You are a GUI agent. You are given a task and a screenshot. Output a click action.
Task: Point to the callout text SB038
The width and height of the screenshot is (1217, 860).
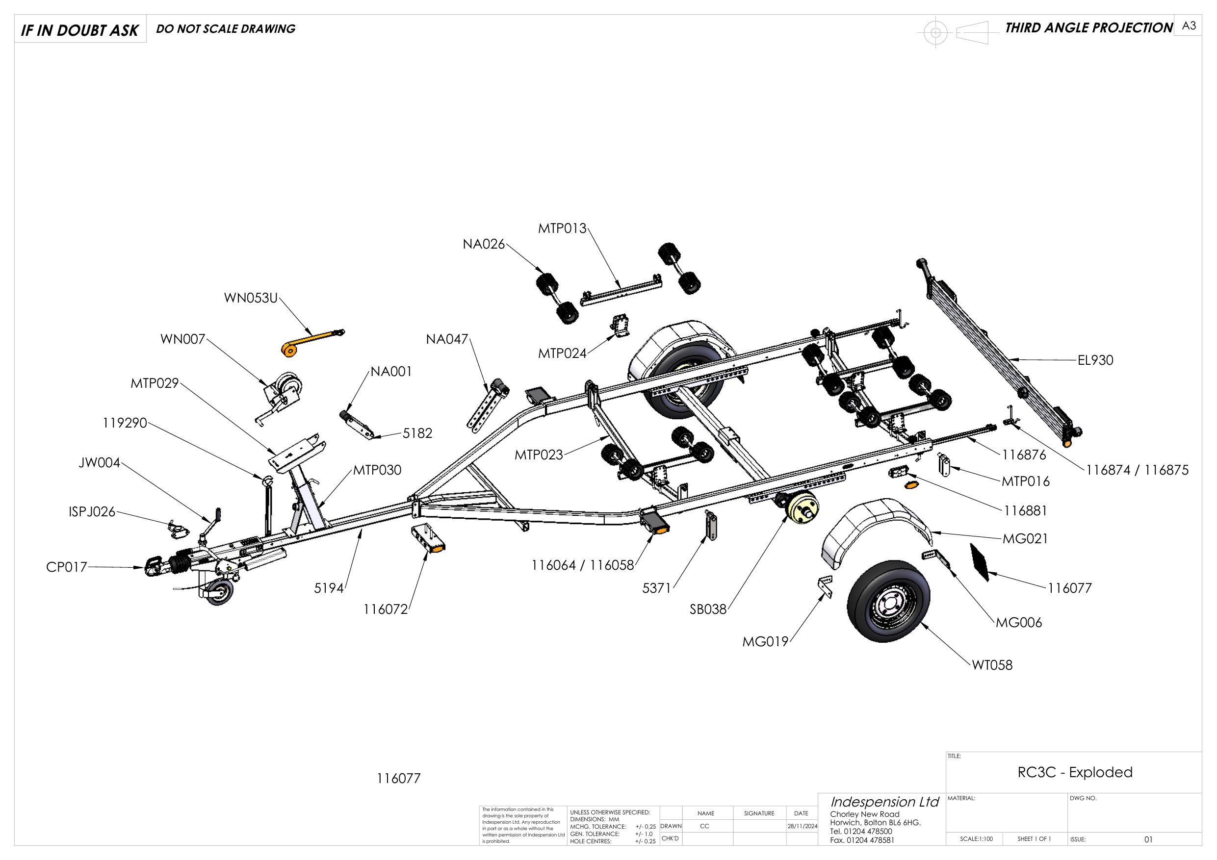[708, 609]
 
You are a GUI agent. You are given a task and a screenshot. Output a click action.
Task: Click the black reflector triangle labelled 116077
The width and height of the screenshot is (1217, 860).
[981, 562]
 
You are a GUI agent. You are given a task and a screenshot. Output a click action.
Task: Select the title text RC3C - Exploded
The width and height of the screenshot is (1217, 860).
[1074, 772]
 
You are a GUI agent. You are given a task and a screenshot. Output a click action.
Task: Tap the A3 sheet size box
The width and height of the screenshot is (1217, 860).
[1189, 26]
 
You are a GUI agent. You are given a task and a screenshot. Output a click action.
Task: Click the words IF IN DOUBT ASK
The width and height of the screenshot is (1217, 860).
[79, 31]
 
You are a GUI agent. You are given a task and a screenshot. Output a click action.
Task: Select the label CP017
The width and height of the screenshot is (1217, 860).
[66, 567]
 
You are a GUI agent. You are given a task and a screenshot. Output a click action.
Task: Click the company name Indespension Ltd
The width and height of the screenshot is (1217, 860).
[884, 802]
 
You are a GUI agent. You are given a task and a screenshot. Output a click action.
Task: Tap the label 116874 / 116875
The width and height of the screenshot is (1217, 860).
[1137, 470]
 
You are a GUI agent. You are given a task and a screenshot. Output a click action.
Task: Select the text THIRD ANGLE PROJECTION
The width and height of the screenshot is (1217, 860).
[1089, 28]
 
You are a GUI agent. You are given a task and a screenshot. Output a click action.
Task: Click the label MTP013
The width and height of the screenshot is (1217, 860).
[562, 228]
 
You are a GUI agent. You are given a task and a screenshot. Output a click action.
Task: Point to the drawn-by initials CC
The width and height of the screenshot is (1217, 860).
[705, 826]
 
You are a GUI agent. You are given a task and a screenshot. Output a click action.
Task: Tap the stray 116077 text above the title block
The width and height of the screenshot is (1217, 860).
[399, 779]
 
